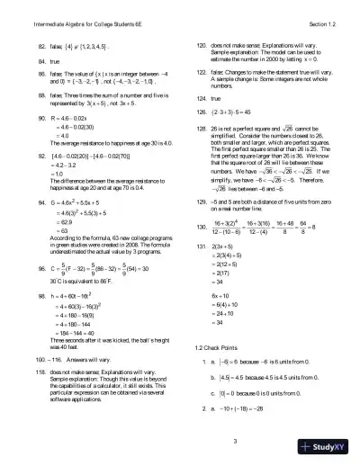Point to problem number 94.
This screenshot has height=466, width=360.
[41, 204]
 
